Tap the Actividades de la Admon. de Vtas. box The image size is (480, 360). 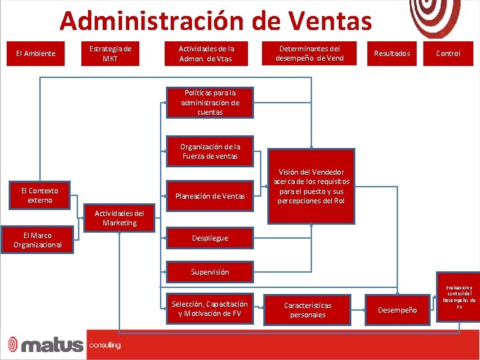206,53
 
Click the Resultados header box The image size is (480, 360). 392,53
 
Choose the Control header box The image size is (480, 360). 448,53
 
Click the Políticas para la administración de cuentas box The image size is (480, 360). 210,103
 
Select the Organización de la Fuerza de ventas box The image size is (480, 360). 210,151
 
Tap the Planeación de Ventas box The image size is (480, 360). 210,196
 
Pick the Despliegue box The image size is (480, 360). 210,238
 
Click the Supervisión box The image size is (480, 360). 210,272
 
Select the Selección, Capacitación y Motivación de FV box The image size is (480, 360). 210,309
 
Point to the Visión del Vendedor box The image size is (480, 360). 311,186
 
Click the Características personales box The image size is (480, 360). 308,310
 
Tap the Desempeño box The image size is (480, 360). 398,310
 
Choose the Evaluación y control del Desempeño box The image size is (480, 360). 459,297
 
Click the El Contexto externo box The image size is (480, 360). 39,195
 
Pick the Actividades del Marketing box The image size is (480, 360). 119,218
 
